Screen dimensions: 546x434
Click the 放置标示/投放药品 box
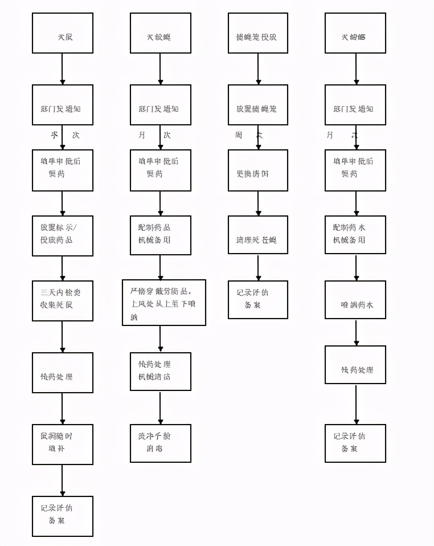coord(62,235)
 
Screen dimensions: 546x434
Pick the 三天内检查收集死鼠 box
coord(62,300)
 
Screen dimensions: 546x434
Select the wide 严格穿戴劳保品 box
coord(163,303)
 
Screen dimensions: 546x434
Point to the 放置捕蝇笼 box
coord(258,105)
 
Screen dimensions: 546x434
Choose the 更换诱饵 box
coord(258,170)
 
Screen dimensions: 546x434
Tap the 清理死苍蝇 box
coord(258,235)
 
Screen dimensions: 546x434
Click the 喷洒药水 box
coord(356,300)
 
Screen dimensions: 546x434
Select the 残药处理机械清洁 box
coord(160,372)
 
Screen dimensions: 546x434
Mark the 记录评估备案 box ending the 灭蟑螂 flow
coord(355,443)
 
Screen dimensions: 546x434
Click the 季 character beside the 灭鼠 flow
coord(55,136)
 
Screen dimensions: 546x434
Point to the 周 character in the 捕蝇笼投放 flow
coord(239,136)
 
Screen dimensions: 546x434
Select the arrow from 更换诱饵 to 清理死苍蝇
coord(258,203)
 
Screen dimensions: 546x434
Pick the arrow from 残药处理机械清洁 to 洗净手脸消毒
coord(160,408)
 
